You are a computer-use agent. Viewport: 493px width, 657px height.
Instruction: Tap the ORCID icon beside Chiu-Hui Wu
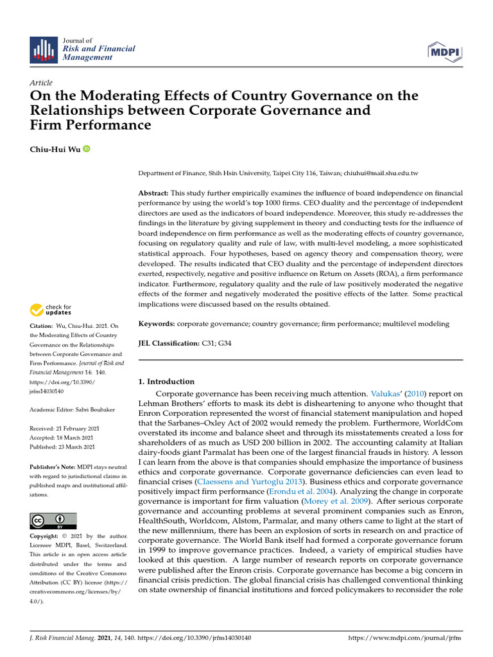pyautogui.click(x=87, y=149)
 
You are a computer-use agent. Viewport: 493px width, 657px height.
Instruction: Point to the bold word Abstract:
pyautogui.click(x=153, y=193)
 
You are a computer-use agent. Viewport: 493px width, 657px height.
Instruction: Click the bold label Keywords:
pyautogui.click(x=157, y=325)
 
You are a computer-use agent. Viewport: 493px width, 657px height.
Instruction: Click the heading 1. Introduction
pyautogui.click(x=166, y=382)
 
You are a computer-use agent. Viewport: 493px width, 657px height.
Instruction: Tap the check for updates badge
pyautogui.click(x=51, y=311)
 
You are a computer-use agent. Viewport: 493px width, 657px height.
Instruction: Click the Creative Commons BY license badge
pyautogui.click(x=53, y=520)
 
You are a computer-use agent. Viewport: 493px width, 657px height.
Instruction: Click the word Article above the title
pyautogui.click(x=41, y=83)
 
